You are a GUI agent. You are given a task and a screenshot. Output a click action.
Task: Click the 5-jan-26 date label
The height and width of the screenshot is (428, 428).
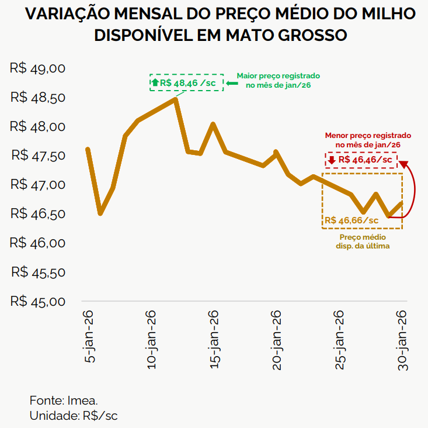pyautogui.click(x=89, y=337)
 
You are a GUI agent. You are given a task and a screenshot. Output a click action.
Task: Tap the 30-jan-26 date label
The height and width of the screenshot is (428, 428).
pyautogui.click(x=403, y=339)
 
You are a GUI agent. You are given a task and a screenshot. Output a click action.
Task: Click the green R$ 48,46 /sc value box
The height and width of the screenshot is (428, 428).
pyautogui.click(x=187, y=83)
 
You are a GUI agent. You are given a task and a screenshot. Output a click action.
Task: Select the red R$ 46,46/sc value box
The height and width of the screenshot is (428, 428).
pyautogui.click(x=361, y=160)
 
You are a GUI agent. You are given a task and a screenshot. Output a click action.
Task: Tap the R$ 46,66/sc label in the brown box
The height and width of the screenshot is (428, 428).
pyautogui.click(x=352, y=220)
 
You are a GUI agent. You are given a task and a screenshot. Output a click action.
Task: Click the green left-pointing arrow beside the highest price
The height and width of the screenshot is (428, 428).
pyautogui.click(x=232, y=83)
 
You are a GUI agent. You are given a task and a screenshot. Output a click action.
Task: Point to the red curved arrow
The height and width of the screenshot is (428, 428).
pyautogui.click(x=412, y=190)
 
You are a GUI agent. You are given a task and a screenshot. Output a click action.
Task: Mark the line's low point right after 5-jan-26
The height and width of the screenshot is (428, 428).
pyautogui.click(x=100, y=213)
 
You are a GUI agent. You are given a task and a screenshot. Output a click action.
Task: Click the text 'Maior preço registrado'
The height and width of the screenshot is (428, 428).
pyautogui.click(x=278, y=77)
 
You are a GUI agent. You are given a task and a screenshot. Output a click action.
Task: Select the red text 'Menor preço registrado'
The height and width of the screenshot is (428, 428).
pyautogui.click(x=368, y=134)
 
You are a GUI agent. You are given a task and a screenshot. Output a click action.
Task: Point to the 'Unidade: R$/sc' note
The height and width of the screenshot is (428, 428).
pyautogui.click(x=74, y=416)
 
